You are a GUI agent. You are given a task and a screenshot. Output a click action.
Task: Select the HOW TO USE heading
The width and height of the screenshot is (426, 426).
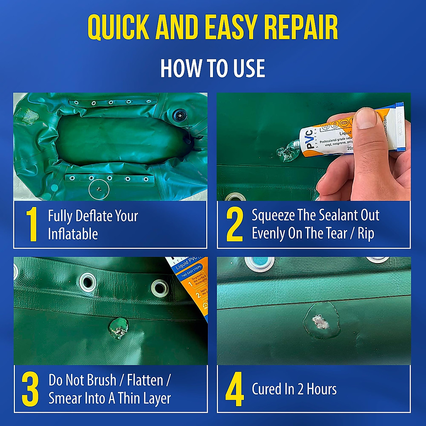(x=212, y=68)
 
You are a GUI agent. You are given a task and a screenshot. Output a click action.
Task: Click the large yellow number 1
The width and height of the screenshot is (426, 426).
(x=32, y=225)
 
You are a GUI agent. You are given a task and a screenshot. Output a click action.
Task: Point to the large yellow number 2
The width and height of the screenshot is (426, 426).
(x=235, y=225)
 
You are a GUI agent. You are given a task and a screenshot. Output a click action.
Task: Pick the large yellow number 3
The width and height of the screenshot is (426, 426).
(x=30, y=389)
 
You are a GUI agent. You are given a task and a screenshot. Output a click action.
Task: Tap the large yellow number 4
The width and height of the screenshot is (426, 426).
(x=235, y=389)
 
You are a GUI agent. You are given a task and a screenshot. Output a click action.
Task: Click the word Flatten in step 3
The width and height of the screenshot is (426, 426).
(x=145, y=380)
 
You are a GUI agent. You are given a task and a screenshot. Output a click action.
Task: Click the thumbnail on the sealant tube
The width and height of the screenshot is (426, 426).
(x=366, y=119)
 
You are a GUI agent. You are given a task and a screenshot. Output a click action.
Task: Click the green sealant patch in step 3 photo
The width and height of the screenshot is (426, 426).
(x=119, y=328)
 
